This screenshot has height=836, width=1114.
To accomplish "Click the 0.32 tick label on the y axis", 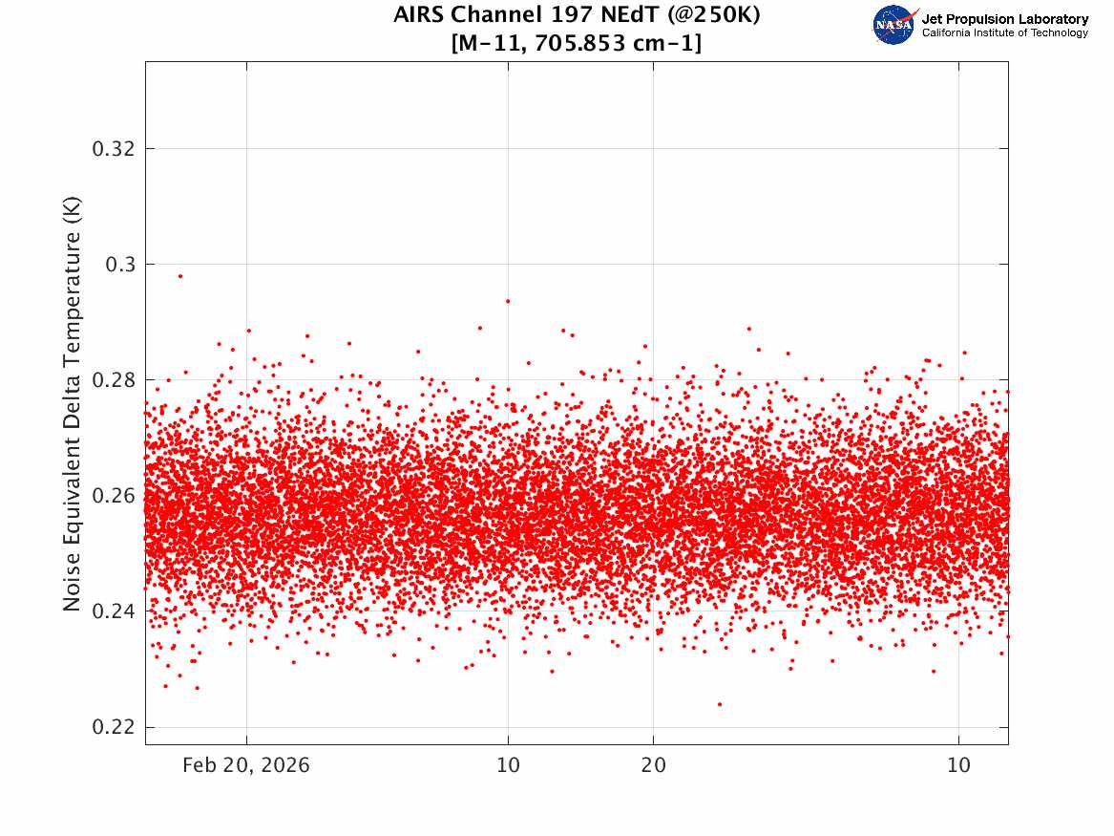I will point(112,149).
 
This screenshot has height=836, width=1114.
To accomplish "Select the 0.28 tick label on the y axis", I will point(112,380).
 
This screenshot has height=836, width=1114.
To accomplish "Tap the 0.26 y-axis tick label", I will point(112,496).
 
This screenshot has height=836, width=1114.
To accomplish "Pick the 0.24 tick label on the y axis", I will point(112,611).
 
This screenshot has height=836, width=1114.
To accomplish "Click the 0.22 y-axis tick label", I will point(112,727).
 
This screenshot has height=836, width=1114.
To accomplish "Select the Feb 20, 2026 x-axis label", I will point(246,765).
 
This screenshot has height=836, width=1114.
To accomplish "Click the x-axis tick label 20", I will point(653,765).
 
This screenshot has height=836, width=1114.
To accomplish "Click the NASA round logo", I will point(893,25).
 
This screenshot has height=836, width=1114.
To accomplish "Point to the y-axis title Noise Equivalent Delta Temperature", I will point(73,404).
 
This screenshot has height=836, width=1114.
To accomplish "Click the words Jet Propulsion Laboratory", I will point(1004,18).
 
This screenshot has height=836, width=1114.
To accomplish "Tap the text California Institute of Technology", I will point(1004,33).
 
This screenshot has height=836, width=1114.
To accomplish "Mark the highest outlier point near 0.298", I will point(179,276).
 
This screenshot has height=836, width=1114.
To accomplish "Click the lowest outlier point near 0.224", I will point(720,704).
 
